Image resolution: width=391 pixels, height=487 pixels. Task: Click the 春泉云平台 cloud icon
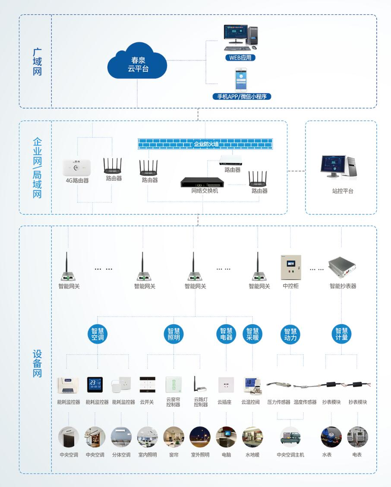pos(137,63)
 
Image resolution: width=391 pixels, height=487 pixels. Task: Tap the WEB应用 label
pos(240,57)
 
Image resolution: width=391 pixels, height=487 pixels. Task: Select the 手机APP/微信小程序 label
pos(242,96)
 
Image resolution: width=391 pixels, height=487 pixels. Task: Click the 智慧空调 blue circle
pos(98,334)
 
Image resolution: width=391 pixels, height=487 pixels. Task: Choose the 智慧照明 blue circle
pos(174,334)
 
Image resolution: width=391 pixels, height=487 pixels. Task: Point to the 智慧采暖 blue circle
pos(252,334)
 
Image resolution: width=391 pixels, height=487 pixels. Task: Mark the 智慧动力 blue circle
pos(290,334)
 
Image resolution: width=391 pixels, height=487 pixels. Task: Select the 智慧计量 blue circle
pos(342,334)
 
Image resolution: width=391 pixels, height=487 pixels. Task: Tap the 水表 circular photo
pos(331,437)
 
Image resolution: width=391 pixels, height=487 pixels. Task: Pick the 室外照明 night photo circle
pos(200,437)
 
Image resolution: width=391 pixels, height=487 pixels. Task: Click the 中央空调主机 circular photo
pos(290,437)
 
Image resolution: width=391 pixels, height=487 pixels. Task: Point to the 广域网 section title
pos(38,62)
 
